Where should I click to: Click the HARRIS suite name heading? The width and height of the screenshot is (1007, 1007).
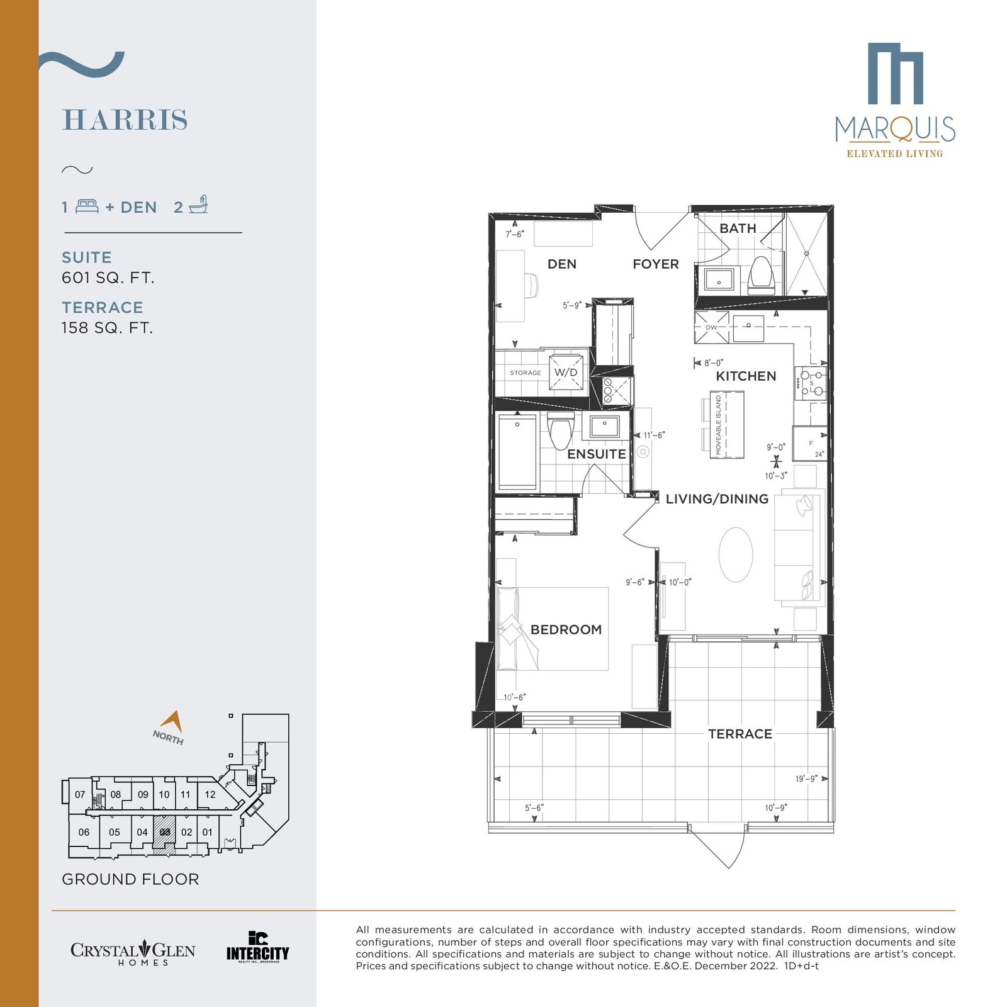[125, 120]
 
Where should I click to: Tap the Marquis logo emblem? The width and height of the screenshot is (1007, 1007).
[895, 73]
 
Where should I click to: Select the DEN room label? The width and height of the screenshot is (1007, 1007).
[562, 264]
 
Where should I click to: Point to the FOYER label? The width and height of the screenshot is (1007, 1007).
[656, 264]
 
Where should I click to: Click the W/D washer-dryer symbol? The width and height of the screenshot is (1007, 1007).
[566, 372]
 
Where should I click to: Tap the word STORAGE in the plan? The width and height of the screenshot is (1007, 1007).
[526, 373]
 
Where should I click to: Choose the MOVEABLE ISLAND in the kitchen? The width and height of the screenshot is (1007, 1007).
[727, 425]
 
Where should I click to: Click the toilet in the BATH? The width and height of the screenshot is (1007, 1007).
[762, 276]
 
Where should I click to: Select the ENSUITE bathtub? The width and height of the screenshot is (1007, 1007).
[517, 451]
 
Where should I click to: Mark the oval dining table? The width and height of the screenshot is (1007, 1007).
[735, 554]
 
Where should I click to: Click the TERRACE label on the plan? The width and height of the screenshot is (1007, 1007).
[740, 734]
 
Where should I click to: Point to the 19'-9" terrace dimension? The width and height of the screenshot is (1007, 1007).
[806, 779]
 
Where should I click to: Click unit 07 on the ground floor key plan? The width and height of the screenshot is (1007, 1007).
[80, 794]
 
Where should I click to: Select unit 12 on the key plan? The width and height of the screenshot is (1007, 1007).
[210, 794]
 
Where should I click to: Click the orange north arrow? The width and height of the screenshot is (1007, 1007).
[172, 721]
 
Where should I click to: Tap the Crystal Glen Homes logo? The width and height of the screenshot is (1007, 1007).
[133, 952]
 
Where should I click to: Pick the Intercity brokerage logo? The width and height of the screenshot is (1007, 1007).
[257, 947]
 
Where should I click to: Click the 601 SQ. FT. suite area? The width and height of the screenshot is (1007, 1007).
[108, 278]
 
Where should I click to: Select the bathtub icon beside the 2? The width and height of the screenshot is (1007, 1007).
[199, 205]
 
